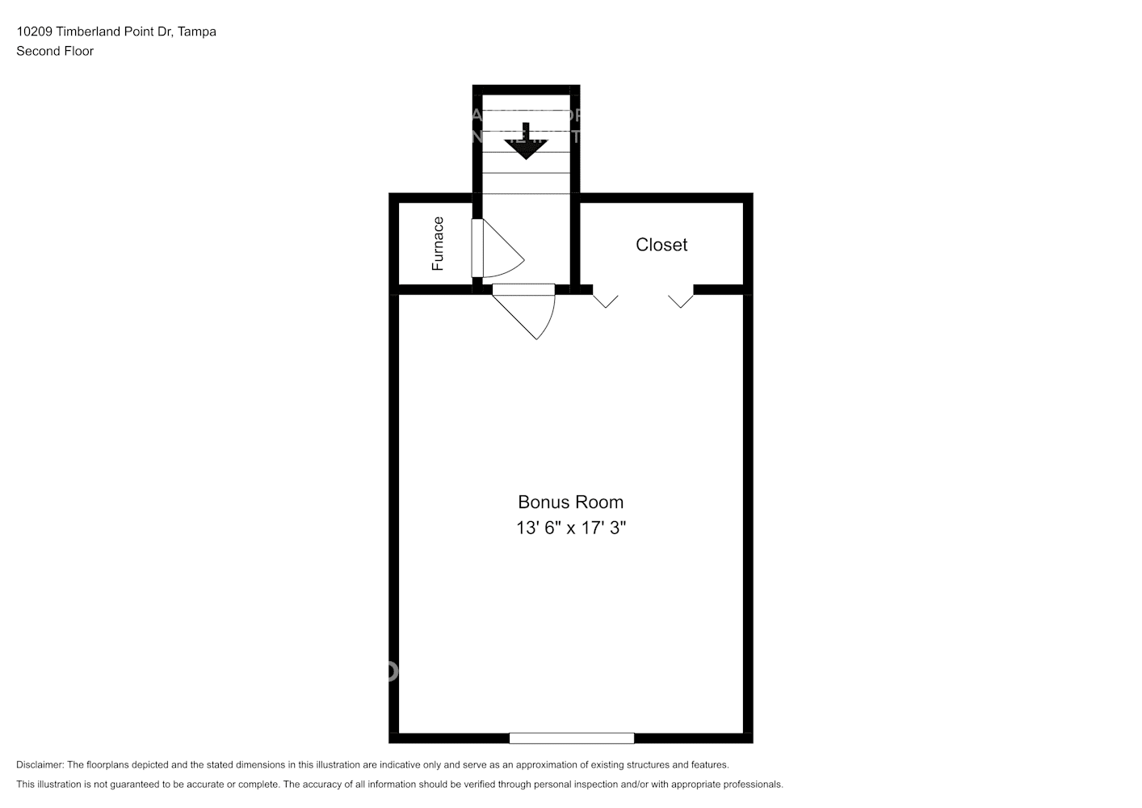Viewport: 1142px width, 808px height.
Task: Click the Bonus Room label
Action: pyautogui.click(x=570, y=502)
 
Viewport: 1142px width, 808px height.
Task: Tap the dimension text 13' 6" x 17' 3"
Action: pyautogui.click(x=571, y=528)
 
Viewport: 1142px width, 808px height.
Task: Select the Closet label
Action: pyautogui.click(x=661, y=245)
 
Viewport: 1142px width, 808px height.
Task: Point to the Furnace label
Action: pyautogui.click(x=438, y=243)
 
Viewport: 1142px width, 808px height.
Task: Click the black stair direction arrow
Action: pyautogui.click(x=526, y=144)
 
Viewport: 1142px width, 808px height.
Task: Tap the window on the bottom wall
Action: pyautogui.click(x=571, y=738)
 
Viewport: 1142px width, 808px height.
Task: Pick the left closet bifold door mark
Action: pyautogui.click(x=606, y=300)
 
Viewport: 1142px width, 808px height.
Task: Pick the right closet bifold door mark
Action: pyautogui.click(x=681, y=300)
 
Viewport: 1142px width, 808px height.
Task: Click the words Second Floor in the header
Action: pyautogui.click(x=55, y=51)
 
